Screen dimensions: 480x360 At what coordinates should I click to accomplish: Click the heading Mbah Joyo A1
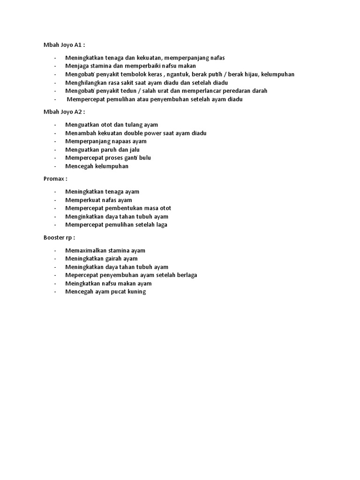(x=64, y=45)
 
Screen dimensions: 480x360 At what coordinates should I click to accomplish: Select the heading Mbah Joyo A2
(x=64, y=112)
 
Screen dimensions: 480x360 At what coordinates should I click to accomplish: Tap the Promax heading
(x=55, y=179)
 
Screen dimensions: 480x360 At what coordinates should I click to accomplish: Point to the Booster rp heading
(x=59, y=237)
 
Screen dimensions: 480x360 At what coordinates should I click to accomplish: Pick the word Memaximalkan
(x=84, y=250)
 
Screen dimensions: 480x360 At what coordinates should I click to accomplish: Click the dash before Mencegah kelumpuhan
(x=55, y=166)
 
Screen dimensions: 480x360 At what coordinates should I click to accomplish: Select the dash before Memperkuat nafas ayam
(x=55, y=200)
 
